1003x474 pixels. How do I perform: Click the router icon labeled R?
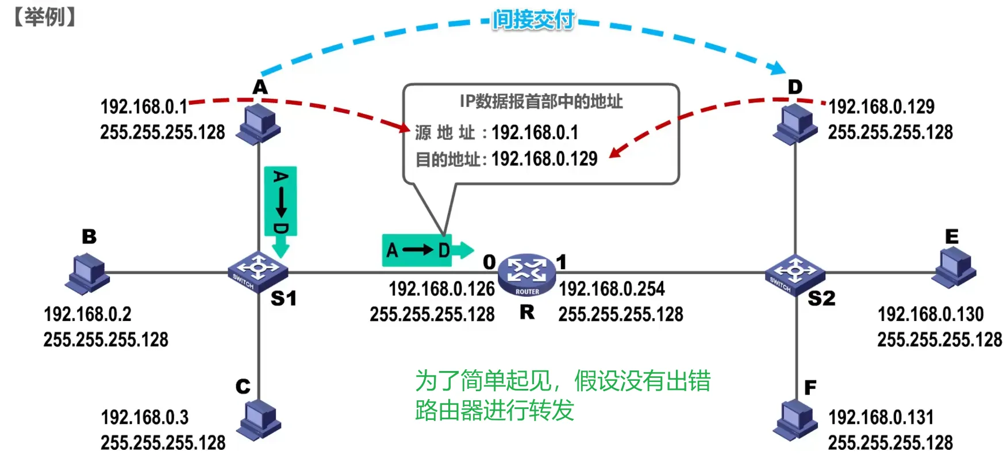(527, 274)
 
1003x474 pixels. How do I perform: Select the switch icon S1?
(258, 272)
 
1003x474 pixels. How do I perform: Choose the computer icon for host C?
(259, 421)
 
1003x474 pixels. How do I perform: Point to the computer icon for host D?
(795, 124)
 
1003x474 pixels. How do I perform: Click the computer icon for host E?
(954, 267)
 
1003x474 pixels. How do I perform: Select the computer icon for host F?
(795, 421)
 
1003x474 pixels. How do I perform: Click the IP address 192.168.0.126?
(441, 289)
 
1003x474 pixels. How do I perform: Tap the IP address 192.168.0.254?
(612, 289)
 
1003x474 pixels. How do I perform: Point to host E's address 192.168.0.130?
(930, 314)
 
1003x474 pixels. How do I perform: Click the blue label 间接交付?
(533, 20)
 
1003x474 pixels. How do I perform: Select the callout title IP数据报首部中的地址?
(541, 102)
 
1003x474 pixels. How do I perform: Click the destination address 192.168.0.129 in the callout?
(544, 159)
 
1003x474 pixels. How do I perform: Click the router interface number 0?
(489, 262)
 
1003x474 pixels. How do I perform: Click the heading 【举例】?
(45, 17)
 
